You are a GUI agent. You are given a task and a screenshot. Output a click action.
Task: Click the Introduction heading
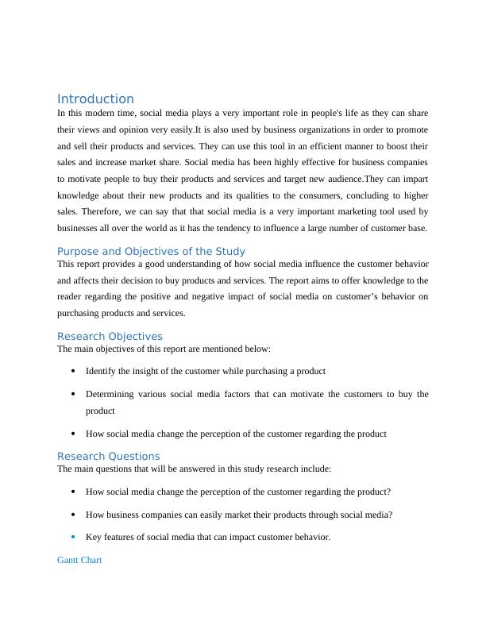[x=95, y=99]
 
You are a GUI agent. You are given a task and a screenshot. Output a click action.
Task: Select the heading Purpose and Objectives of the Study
[x=151, y=251]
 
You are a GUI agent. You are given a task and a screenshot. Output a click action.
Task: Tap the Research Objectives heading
[x=110, y=336]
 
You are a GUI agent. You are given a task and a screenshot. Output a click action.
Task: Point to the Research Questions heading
[x=108, y=456]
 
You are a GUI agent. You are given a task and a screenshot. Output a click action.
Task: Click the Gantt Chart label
[x=79, y=560]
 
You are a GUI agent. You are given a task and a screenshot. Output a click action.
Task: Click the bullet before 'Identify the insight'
[x=73, y=371]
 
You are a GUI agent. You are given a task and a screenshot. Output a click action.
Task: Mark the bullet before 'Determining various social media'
[x=73, y=394]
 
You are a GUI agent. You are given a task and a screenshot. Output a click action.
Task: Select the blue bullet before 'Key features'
[x=73, y=538]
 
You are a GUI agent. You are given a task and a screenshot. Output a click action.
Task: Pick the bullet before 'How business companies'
[x=73, y=515]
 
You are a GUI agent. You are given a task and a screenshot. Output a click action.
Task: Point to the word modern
[x=99, y=113]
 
